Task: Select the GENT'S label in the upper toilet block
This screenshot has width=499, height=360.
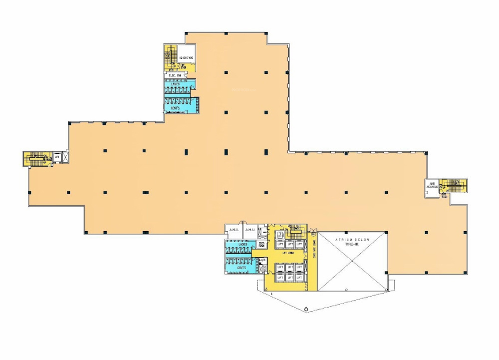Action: (175, 108)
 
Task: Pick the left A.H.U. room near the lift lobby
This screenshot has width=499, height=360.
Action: (234, 230)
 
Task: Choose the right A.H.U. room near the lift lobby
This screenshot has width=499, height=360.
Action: (250, 230)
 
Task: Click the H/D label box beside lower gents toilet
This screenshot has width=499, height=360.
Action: (262, 261)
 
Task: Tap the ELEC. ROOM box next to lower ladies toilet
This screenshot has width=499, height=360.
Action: (261, 245)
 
